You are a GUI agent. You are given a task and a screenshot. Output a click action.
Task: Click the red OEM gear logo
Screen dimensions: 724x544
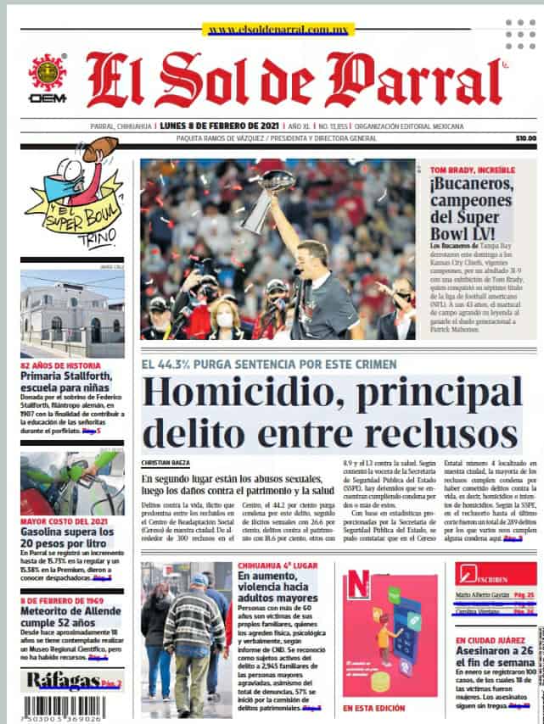tap(48, 72)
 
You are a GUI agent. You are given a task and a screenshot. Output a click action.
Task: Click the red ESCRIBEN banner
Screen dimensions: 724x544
tap(495, 574)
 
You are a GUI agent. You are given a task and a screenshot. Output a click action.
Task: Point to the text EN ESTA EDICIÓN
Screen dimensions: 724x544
tap(374, 707)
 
